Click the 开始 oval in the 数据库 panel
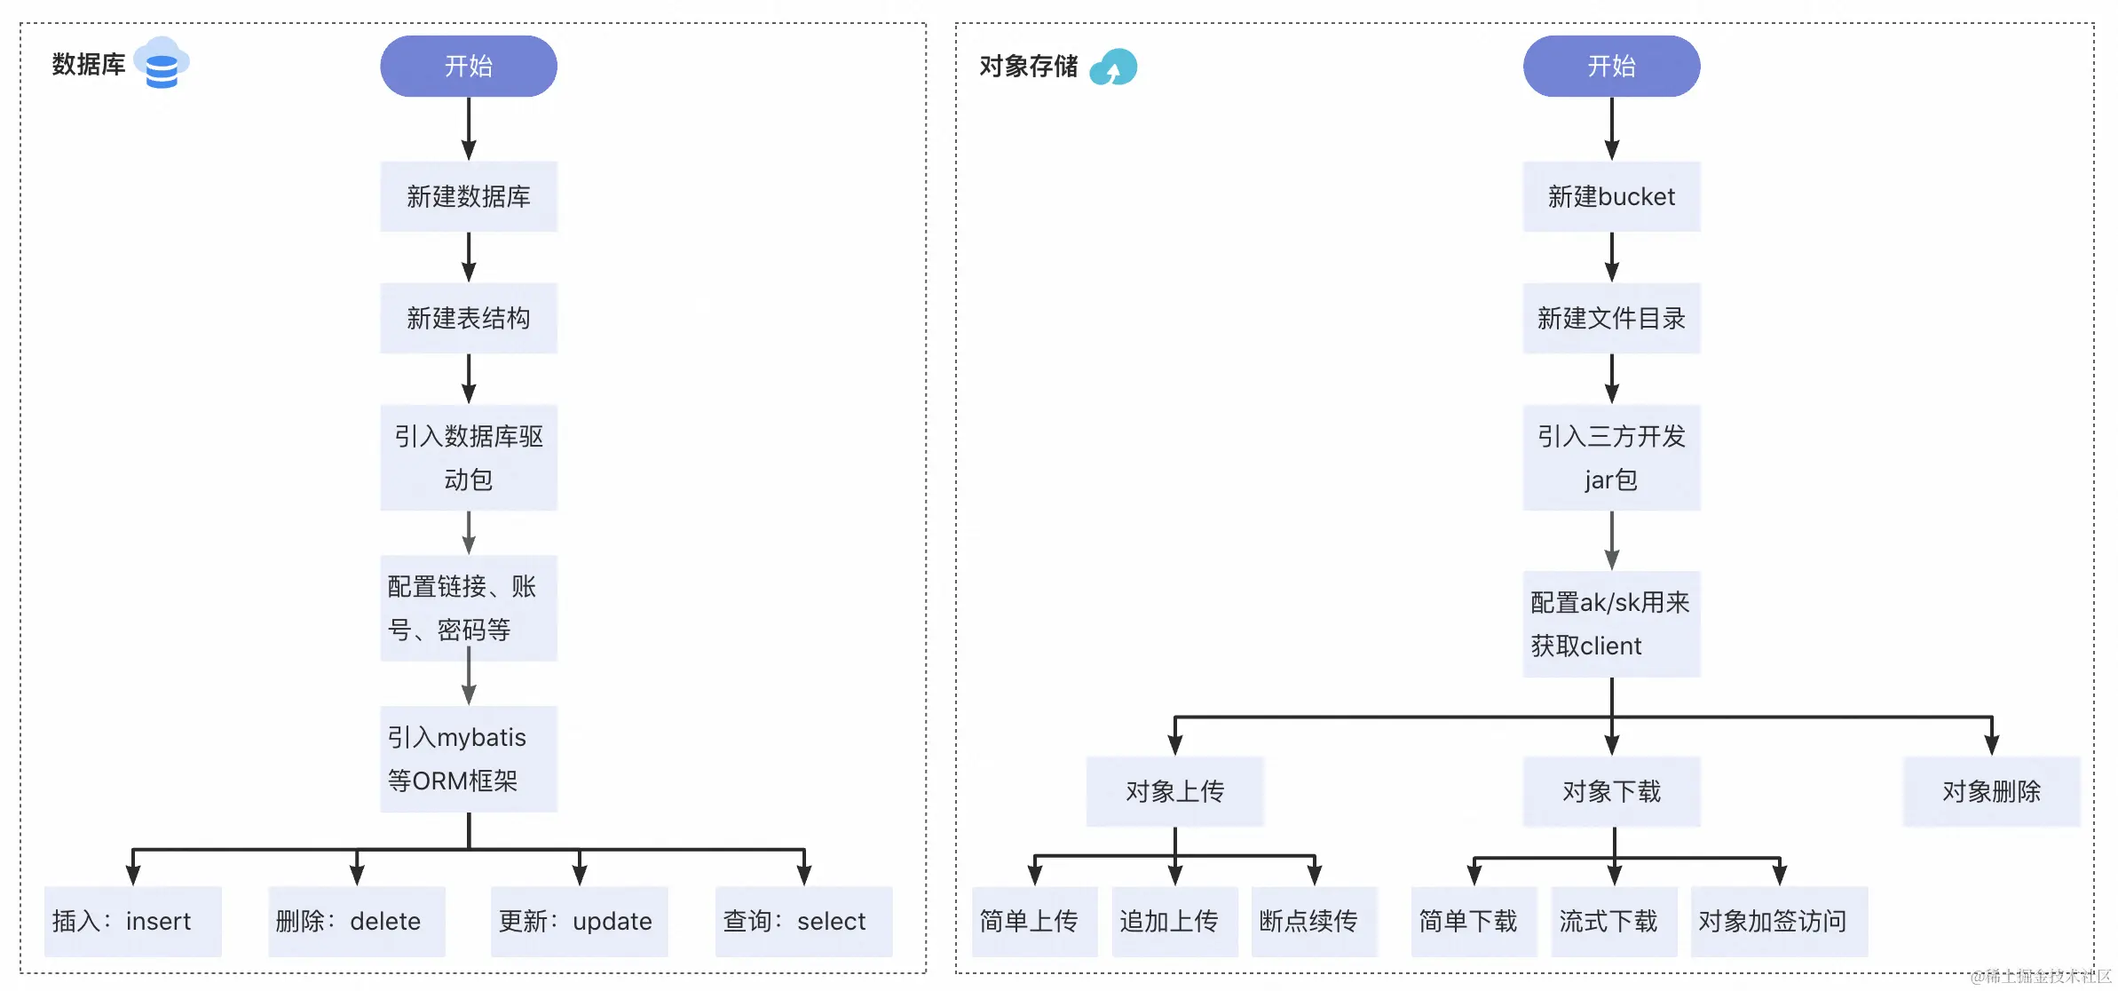tap(468, 66)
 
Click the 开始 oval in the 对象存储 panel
tap(1610, 66)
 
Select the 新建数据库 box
tap(468, 196)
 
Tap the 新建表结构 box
tap(468, 318)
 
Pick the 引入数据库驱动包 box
tap(468, 457)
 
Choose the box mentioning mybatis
tap(468, 758)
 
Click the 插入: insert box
tap(132, 921)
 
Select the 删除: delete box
tap(356, 921)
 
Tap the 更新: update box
tap(579, 921)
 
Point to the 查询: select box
tap(803, 921)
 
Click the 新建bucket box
tap(1610, 196)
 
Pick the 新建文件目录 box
tap(1610, 318)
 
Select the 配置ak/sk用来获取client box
tap(1610, 623)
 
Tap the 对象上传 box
tap(1174, 791)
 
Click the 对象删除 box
tap(1991, 791)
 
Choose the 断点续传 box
tap(1313, 921)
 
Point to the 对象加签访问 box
tap(1778, 921)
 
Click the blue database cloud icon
tap(162, 63)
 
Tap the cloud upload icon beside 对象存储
tap(1113, 67)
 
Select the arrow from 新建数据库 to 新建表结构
tap(469, 258)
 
